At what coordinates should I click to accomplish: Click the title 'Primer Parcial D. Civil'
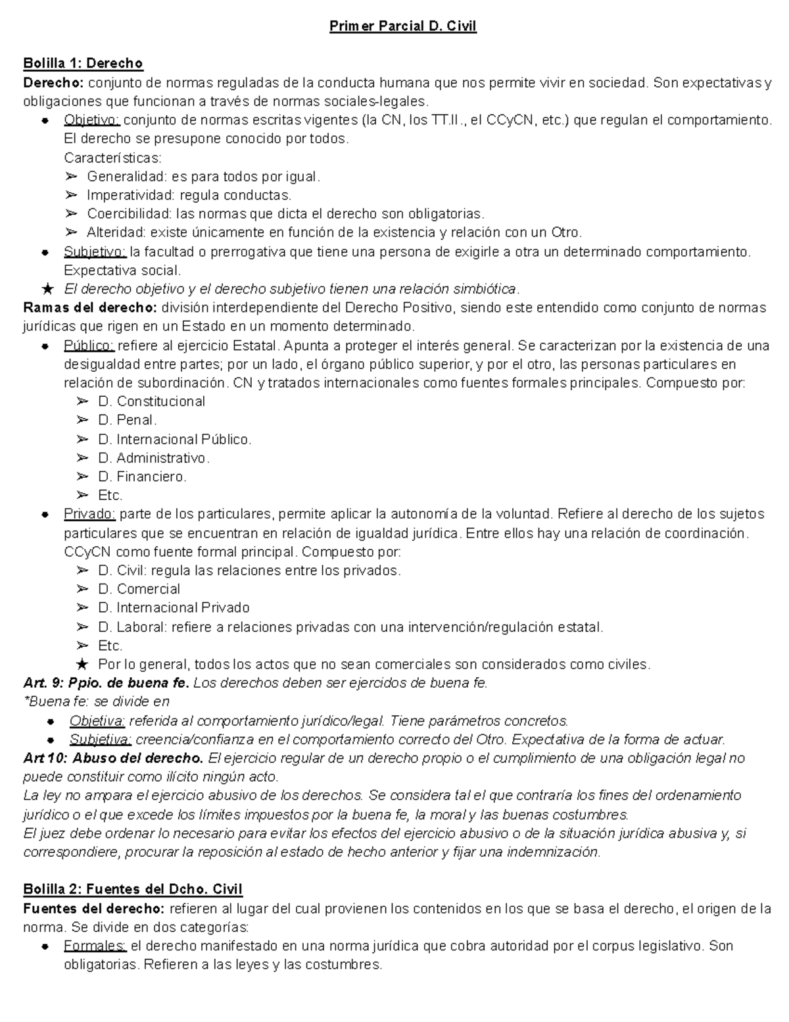tap(402, 26)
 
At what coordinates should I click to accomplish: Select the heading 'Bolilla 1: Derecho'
tap(83, 64)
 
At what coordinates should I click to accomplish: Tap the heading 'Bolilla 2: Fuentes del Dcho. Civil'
tap(133, 890)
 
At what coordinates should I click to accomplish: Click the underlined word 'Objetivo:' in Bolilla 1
tap(91, 120)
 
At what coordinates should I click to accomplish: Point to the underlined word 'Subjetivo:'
tap(95, 252)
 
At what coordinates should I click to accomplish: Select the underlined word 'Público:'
tap(89, 346)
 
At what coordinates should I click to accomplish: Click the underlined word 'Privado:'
tap(90, 514)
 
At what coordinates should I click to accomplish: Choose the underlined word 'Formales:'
tap(95, 946)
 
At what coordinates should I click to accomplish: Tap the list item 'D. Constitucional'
tap(151, 401)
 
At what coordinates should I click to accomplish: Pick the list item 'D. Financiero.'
tap(142, 476)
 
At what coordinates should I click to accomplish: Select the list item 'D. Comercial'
tap(139, 589)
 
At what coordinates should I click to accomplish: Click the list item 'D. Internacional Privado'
tap(174, 607)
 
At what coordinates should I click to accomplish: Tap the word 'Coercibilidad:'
tap(130, 214)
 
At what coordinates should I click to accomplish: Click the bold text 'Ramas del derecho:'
tap(90, 308)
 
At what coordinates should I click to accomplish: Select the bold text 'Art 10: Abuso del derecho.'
tap(113, 758)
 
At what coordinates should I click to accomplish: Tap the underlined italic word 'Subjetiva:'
tap(101, 739)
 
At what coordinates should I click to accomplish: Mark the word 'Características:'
tap(112, 158)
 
